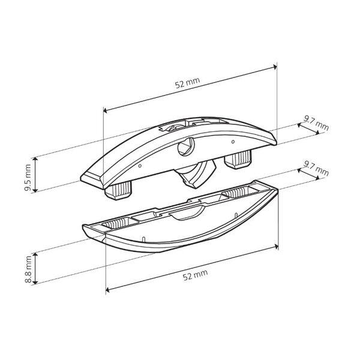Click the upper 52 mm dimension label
[x=187, y=83]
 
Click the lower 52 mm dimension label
[x=195, y=275]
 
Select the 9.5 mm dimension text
[x=28, y=178]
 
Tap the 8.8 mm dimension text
[x=28, y=269]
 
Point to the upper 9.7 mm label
[x=316, y=123]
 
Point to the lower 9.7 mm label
[x=316, y=168]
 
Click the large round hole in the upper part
[x=186, y=147]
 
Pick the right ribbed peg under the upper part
[x=238, y=160]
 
